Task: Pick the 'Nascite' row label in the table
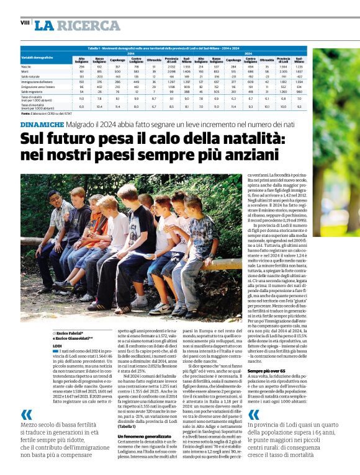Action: pyautogui.click(x=27, y=66)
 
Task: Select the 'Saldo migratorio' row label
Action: pyautogui.click(x=33, y=92)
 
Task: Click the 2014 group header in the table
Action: pyautogui.click(x=132, y=53)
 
